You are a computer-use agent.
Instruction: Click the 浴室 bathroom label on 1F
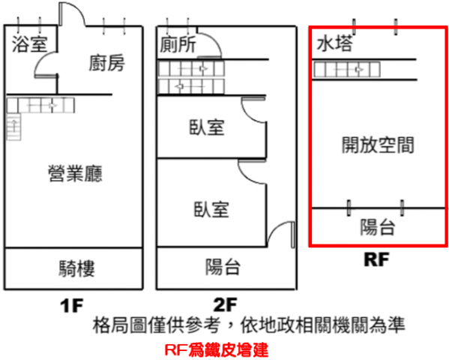click(29, 44)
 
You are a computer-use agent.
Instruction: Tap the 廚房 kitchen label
click(106, 63)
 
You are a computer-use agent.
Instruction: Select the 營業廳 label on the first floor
click(75, 174)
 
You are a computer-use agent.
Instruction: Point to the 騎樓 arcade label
click(76, 268)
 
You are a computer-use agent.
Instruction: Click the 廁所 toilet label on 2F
click(178, 44)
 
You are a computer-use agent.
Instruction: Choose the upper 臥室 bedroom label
click(207, 127)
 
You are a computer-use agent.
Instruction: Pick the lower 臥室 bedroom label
click(211, 209)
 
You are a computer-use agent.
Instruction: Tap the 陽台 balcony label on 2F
click(223, 267)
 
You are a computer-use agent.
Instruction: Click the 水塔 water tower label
click(334, 43)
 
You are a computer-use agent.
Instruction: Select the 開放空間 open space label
click(378, 145)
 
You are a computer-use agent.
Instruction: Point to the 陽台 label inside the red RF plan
click(378, 227)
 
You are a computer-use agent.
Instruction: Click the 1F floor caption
click(72, 305)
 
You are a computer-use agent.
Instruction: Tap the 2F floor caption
click(226, 304)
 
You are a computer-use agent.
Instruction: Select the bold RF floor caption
click(376, 259)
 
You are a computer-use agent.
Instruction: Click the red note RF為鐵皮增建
click(217, 350)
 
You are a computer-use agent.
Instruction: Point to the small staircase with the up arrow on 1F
click(13, 127)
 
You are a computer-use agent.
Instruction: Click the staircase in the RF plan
click(347, 69)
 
